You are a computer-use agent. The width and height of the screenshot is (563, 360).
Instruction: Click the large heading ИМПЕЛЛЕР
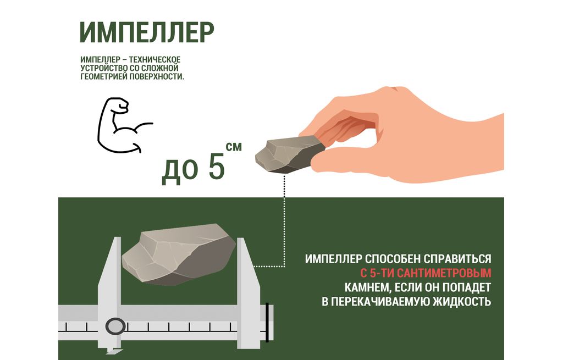point(147,32)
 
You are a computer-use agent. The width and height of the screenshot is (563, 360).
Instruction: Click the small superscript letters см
point(234,146)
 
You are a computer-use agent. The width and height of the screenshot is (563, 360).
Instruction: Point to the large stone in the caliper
point(179,254)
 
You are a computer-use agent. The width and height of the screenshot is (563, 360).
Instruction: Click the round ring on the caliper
point(115,326)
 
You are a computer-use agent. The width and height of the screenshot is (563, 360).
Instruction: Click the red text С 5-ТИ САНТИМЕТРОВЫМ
point(426,274)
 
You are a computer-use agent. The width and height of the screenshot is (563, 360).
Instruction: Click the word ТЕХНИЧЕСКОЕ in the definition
point(154,59)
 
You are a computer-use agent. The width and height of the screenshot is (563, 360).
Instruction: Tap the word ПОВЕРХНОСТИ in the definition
point(157,76)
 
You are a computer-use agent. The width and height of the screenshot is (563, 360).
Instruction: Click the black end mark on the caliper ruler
point(267,322)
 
